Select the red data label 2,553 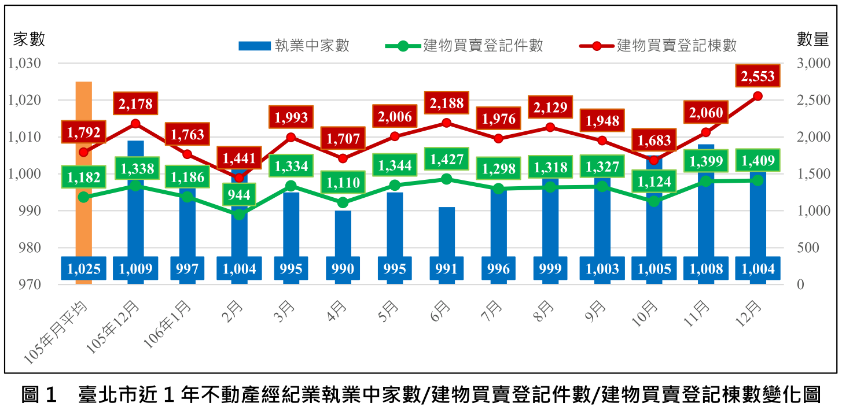coord(758,76)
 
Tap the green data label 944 coord(239,195)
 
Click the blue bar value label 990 coord(343,269)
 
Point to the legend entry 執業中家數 coord(294,45)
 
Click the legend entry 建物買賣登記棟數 coord(658,45)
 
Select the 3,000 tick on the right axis coord(813,63)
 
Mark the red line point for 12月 coord(758,96)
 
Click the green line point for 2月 coord(239,215)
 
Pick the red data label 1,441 coord(239,157)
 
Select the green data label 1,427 coord(446,159)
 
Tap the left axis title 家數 coord(29,39)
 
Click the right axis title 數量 coord(812,39)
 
